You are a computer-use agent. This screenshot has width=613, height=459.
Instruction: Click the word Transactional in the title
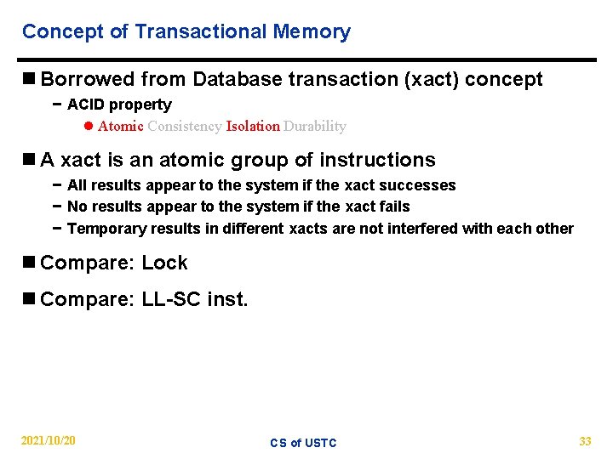[x=201, y=32]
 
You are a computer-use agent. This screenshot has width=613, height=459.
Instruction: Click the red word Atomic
[x=120, y=127]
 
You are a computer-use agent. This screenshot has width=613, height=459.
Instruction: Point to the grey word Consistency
[x=184, y=127]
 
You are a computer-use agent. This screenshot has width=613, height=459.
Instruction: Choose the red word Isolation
[x=253, y=127]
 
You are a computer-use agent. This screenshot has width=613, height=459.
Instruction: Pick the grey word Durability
[x=315, y=127]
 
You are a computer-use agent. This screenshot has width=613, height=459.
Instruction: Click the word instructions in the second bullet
[x=377, y=160]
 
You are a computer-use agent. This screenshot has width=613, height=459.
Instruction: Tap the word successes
[x=419, y=185]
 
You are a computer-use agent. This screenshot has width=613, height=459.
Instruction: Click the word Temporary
[x=106, y=229]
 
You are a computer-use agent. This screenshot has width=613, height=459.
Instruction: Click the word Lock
[x=164, y=263]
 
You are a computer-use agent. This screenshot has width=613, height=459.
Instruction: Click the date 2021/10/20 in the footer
[x=48, y=441]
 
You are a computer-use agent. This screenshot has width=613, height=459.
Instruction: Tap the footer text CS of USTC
[x=303, y=443]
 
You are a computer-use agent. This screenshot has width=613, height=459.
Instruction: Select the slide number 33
[x=585, y=441]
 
